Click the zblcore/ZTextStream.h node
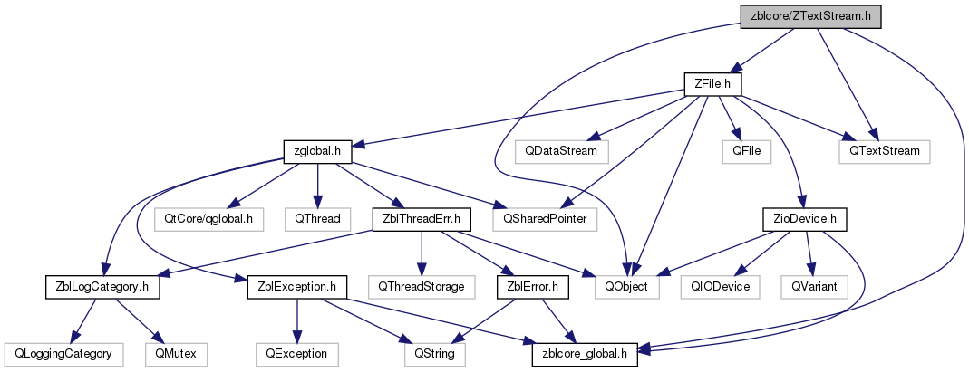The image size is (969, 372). click(x=810, y=16)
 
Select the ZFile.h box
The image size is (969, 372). click(x=712, y=84)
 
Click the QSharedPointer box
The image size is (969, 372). click(x=545, y=220)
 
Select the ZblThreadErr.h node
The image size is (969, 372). click(x=421, y=220)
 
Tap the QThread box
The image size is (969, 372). click(x=317, y=220)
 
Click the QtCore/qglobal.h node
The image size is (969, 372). click(x=213, y=220)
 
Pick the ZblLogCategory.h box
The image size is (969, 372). click(x=102, y=288)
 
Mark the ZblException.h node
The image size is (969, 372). click(x=297, y=288)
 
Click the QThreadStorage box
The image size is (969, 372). click(x=421, y=288)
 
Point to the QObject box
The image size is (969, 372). click(x=627, y=288)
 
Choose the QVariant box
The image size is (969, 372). click(x=813, y=288)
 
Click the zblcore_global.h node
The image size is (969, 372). click(x=586, y=355)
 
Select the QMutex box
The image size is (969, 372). click(x=176, y=355)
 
